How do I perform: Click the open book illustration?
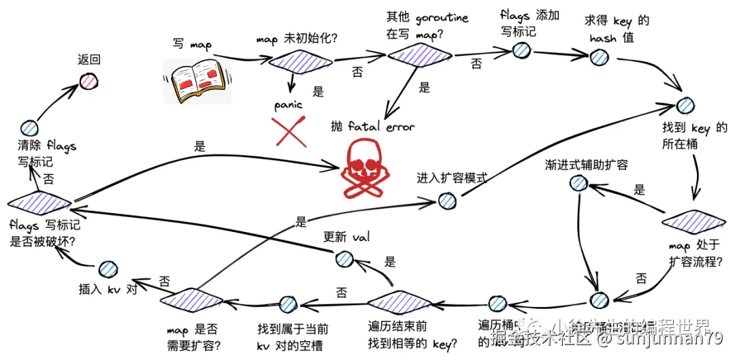click(x=197, y=80)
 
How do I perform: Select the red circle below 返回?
click(x=88, y=82)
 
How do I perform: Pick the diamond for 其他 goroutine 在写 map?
click(x=420, y=56)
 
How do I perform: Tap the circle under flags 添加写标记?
click(x=522, y=50)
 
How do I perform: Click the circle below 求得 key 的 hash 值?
click(x=600, y=57)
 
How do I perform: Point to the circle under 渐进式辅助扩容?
click(x=578, y=182)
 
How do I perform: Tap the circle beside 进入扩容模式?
click(x=446, y=200)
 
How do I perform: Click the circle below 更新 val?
click(x=344, y=259)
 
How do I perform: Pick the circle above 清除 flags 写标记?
click(x=29, y=127)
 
